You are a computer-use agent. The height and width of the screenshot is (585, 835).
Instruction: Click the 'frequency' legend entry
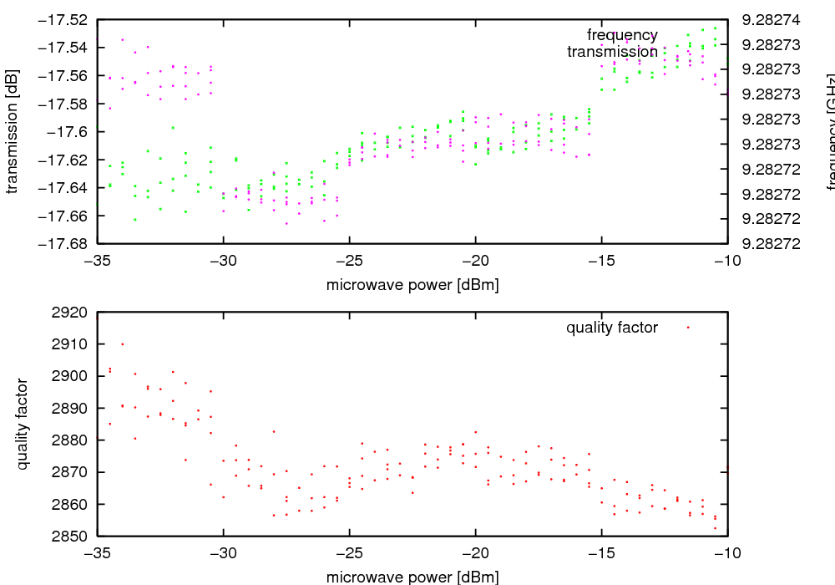pyautogui.click(x=622, y=34)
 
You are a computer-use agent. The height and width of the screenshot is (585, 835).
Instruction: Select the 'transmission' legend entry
pyautogui.click(x=612, y=52)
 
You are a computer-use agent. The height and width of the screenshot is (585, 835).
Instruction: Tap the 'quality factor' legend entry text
pyautogui.click(x=612, y=328)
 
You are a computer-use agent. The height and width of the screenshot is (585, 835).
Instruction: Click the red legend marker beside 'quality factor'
pyautogui.click(x=688, y=328)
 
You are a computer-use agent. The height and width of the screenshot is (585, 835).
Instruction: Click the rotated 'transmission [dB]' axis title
pyautogui.click(x=12, y=131)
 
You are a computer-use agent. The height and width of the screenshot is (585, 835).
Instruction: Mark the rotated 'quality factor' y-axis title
pyautogui.click(x=23, y=424)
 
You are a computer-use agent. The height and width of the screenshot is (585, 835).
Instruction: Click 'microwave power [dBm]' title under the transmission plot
pyautogui.click(x=412, y=285)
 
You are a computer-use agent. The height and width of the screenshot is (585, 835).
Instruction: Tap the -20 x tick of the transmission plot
pyautogui.click(x=475, y=260)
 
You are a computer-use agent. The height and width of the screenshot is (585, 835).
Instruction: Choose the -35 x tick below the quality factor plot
pyautogui.click(x=98, y=553)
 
